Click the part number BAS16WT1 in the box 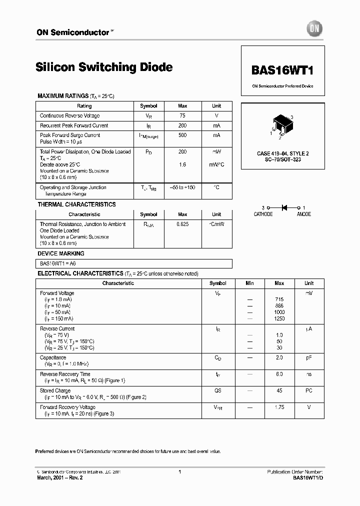click(x=282, y=70)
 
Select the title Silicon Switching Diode click(x=104, y=67)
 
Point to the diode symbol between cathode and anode click(x=284, y=207)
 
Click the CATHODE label click(x=263, y=214)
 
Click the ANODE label click(x=303, y=214)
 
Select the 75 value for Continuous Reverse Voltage click(x=182, y=115)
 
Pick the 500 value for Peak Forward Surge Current click(x=182, y=135)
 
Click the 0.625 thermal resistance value click(x=182, y=224)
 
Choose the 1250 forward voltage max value click(x=279, y=318)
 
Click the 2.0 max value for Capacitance click(x=279, y=357)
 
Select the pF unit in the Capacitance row click(x=308, y=357)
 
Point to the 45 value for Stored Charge click(x=279, y=390)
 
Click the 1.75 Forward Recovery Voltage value click(x=279, y=407)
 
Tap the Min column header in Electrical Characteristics click(x=249, y=283)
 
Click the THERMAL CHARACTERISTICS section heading click(x=76, y=204)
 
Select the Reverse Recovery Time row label click(x=65, y=374)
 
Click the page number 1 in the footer click(x=179, y=471)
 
